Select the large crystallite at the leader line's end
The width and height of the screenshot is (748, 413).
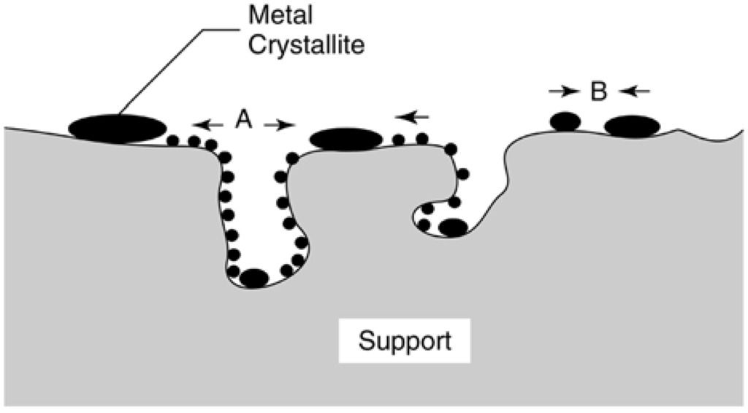click(117, 128)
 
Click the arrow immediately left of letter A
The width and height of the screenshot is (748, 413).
click(207, 125)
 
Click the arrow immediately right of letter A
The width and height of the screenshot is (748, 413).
click(280, 125)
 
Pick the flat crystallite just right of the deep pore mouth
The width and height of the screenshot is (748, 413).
click(347, 138)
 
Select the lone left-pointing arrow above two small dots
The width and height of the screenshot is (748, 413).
click(412, 115)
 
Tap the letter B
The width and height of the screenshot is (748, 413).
click(598, 93)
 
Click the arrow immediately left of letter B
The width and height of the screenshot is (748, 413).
click(562, 91)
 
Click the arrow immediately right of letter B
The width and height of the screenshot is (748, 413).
click(634, 91)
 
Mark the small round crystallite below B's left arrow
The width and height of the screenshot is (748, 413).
click(564, 121)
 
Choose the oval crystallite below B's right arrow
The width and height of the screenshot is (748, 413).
click(632, 126)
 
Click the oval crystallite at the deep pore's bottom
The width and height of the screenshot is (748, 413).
click(254, 279)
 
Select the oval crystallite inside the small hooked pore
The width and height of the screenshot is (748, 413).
click(452, 228)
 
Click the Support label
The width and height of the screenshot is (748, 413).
click(404, 341)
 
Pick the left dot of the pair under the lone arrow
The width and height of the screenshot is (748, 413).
click(398, 139)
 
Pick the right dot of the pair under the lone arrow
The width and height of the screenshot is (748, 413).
click(421, 138)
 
